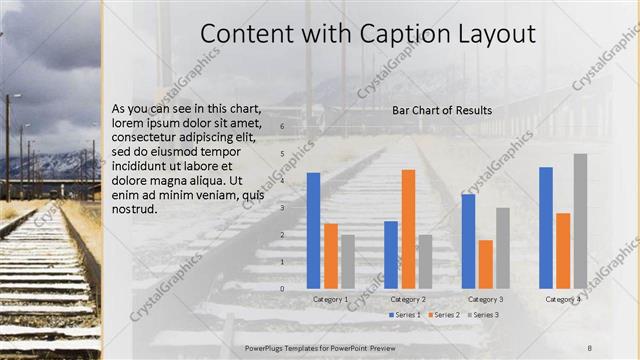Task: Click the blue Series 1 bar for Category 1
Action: [x=313, y=230]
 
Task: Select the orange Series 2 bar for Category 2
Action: [x=408, y=228]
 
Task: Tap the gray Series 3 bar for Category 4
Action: [x=580, y=220]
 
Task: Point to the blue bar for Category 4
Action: [x=546, y=227]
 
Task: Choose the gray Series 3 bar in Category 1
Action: [x=347, y=261]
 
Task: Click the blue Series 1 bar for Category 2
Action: [x=391, y=254]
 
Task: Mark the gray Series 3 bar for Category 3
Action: [x=503, y=247]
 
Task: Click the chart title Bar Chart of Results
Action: [x=435, y=109]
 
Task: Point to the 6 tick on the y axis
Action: [x=282, y=127]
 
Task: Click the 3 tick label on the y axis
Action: [x=282, y=208]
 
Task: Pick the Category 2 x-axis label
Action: [x=408, y=299]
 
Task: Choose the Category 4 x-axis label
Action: [x=562, y=299]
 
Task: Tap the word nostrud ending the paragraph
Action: [x=135, y=211]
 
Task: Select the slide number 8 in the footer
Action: [x=590, y=347]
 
